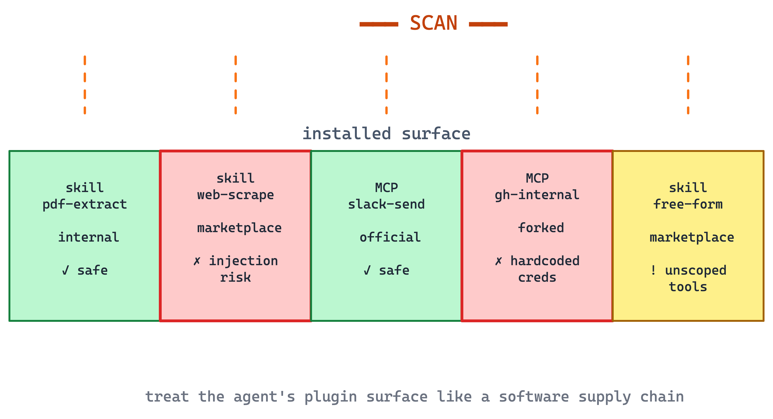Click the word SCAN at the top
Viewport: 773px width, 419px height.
433,23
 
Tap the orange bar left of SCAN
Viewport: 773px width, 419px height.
379,24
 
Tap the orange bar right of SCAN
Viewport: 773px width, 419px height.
488,24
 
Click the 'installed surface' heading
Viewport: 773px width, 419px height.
386,134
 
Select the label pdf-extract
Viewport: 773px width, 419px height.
85,205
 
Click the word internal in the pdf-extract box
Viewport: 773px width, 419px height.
89,237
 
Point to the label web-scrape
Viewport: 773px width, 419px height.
236,195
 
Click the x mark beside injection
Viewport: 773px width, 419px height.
197,261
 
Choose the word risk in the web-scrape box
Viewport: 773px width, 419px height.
236,277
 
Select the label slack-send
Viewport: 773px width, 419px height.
386,205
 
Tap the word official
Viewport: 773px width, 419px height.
390,237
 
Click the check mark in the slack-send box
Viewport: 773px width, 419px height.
367,270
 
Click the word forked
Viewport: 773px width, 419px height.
541,228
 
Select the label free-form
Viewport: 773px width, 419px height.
688,205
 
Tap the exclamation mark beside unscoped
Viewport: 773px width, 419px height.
653,270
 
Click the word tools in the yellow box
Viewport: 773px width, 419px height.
688,287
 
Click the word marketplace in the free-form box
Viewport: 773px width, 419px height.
692,238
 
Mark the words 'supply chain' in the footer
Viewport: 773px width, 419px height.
631,397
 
